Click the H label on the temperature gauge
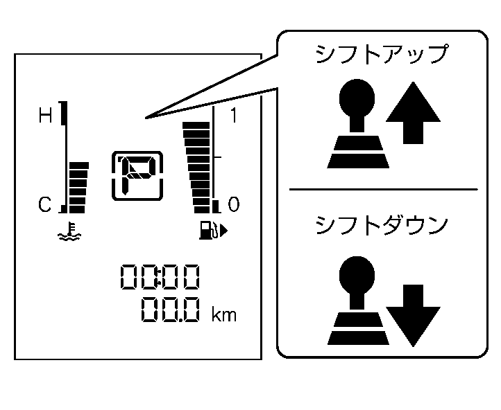(x=45, y=116)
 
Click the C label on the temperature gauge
(x=45, y=204)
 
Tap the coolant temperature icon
(x=70, y=231)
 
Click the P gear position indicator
(x=137, y=175)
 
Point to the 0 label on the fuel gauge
(x=233, y=204)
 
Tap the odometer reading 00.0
(x=171, y=309)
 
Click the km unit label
(x=223, y=315)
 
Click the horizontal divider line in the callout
(x=383, y=189)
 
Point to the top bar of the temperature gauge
(x=78, y=166)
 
